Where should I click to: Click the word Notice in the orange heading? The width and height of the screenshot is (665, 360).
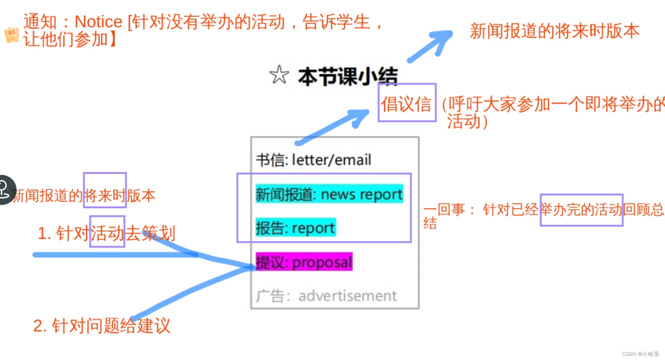click(99, 22)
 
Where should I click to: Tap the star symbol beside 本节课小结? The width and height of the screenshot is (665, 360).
click(279, 75)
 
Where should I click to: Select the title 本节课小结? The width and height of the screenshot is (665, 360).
click(347, 76)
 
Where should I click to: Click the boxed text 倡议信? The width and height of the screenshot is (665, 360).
click(406, 104)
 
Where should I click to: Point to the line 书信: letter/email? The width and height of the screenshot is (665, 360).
click(314, 160)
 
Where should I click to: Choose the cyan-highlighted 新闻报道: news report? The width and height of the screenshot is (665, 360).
click(329, 194)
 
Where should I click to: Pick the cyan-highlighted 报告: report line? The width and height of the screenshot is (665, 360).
click(295, 228)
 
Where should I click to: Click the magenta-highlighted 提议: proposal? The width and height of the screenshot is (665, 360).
click(304, 262)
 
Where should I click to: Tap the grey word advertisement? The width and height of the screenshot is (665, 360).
click(347, 296)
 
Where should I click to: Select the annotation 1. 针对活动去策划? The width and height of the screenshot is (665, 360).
click(106, 233)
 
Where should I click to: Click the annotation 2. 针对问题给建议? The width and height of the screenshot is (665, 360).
click(102, 326)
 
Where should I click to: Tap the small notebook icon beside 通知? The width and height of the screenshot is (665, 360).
click(12, 35)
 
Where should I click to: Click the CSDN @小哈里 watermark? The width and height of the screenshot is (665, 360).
click(640, 354)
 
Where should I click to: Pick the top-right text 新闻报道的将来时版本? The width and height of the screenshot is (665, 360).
click(554, 31)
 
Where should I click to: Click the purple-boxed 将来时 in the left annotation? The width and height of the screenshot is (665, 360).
click(105, 195)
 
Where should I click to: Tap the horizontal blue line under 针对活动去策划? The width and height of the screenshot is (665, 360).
click(112, 255)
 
